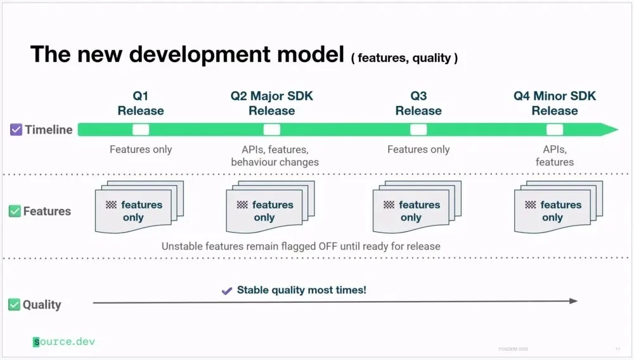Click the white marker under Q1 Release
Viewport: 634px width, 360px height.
[141, 129]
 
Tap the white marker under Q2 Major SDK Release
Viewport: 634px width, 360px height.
[272, 129]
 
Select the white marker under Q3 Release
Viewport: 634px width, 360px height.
[418, 129]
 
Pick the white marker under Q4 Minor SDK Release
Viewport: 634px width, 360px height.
[555, 129]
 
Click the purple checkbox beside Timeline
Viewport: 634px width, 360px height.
[16, 130]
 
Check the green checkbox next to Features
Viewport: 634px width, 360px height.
[15, 211]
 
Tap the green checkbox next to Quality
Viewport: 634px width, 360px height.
[14, 305]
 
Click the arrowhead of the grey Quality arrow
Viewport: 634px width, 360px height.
[574, 301]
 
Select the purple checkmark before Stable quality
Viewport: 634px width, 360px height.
[227, 291]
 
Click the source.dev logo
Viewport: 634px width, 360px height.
[63, 342]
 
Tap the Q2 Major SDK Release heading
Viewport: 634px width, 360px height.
[272, 103]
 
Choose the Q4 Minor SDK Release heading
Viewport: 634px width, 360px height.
[555, 103]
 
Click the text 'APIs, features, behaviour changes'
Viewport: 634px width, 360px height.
[275, 156]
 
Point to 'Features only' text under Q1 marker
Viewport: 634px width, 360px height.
[141, 150]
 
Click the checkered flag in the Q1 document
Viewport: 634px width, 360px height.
[111, 205]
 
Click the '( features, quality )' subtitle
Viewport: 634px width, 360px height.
[404, 58]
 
